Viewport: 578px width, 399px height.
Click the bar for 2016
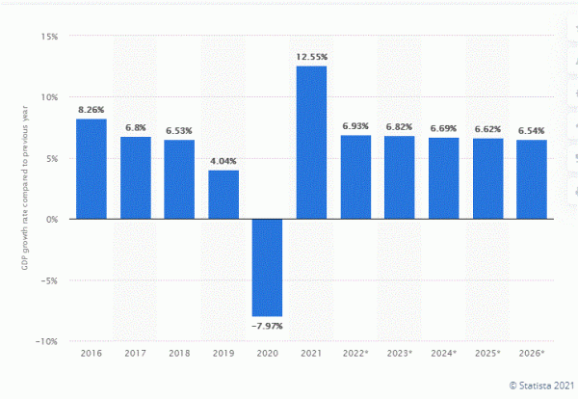tap(91, 169)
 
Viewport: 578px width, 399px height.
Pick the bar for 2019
tap(223, 195)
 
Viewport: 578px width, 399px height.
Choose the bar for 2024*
tap(443, 178)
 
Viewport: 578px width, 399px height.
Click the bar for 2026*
tap(531, 179)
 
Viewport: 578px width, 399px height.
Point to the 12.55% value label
tap(311, 57)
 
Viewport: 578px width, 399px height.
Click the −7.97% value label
tap(267, 326)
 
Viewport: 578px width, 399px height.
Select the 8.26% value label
tap(91, 110)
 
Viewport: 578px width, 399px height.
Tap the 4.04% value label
tap(223, 161)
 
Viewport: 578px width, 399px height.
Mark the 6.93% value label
tap(355, 126)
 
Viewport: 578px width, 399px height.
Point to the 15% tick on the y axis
tap(48, 37)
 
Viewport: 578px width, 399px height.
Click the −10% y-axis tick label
tap(45, 341)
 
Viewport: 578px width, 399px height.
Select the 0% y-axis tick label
tap(51, 219)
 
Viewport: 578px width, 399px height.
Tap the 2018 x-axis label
tap(179, 354)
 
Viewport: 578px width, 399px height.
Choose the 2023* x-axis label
tap(400, 354)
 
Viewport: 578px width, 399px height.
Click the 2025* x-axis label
tap(487, 354)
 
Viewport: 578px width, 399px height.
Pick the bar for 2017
tap(135, 177)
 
